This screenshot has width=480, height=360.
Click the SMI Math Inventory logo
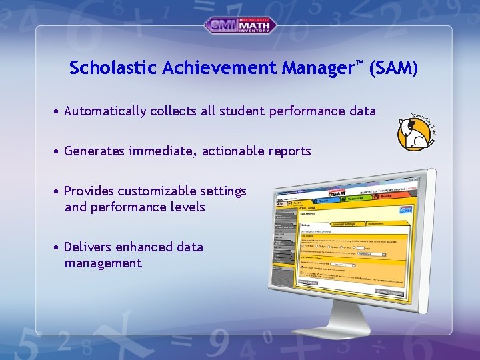point(240,25)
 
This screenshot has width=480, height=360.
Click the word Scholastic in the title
point(107,68)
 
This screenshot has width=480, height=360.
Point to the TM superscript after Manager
point(359,63)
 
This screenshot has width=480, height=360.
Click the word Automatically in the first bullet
point(105,111)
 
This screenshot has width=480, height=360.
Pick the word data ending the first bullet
point(361,111)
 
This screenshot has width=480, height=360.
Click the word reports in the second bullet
point(289,151)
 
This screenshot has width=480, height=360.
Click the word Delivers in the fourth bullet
point(88,247)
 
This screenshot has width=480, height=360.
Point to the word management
point(103,263)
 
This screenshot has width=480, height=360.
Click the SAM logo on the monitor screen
point(337,193)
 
